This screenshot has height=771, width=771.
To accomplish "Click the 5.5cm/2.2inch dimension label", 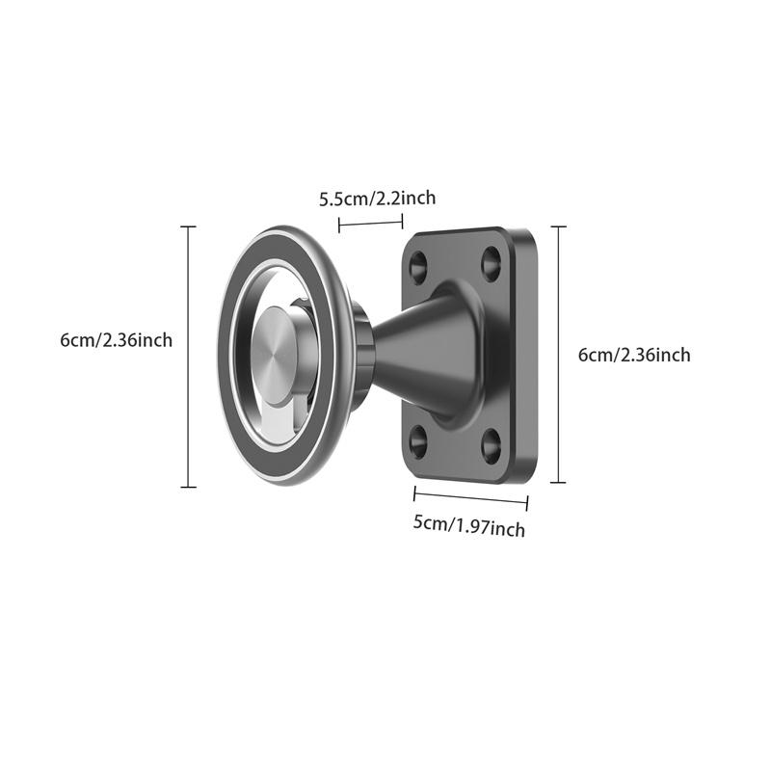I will [x=377, y=199].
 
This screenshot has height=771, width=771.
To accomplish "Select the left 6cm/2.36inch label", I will [x=116, y=339].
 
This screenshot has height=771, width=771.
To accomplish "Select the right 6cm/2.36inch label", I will [x=634, y=355].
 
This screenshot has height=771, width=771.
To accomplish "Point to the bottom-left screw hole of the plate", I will [x=418, y=441].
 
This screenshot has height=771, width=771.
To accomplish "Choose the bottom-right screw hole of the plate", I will [x=492, y=444].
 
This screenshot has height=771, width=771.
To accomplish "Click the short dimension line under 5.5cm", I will [x=370, y=224].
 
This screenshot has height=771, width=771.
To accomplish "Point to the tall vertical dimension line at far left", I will [x=188, y=357].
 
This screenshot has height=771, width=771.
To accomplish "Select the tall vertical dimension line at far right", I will [x=559, y=355].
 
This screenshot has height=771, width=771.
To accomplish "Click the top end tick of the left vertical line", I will [x=188, y=227].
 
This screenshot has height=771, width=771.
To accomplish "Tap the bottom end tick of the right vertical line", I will [x=559, y=482].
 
